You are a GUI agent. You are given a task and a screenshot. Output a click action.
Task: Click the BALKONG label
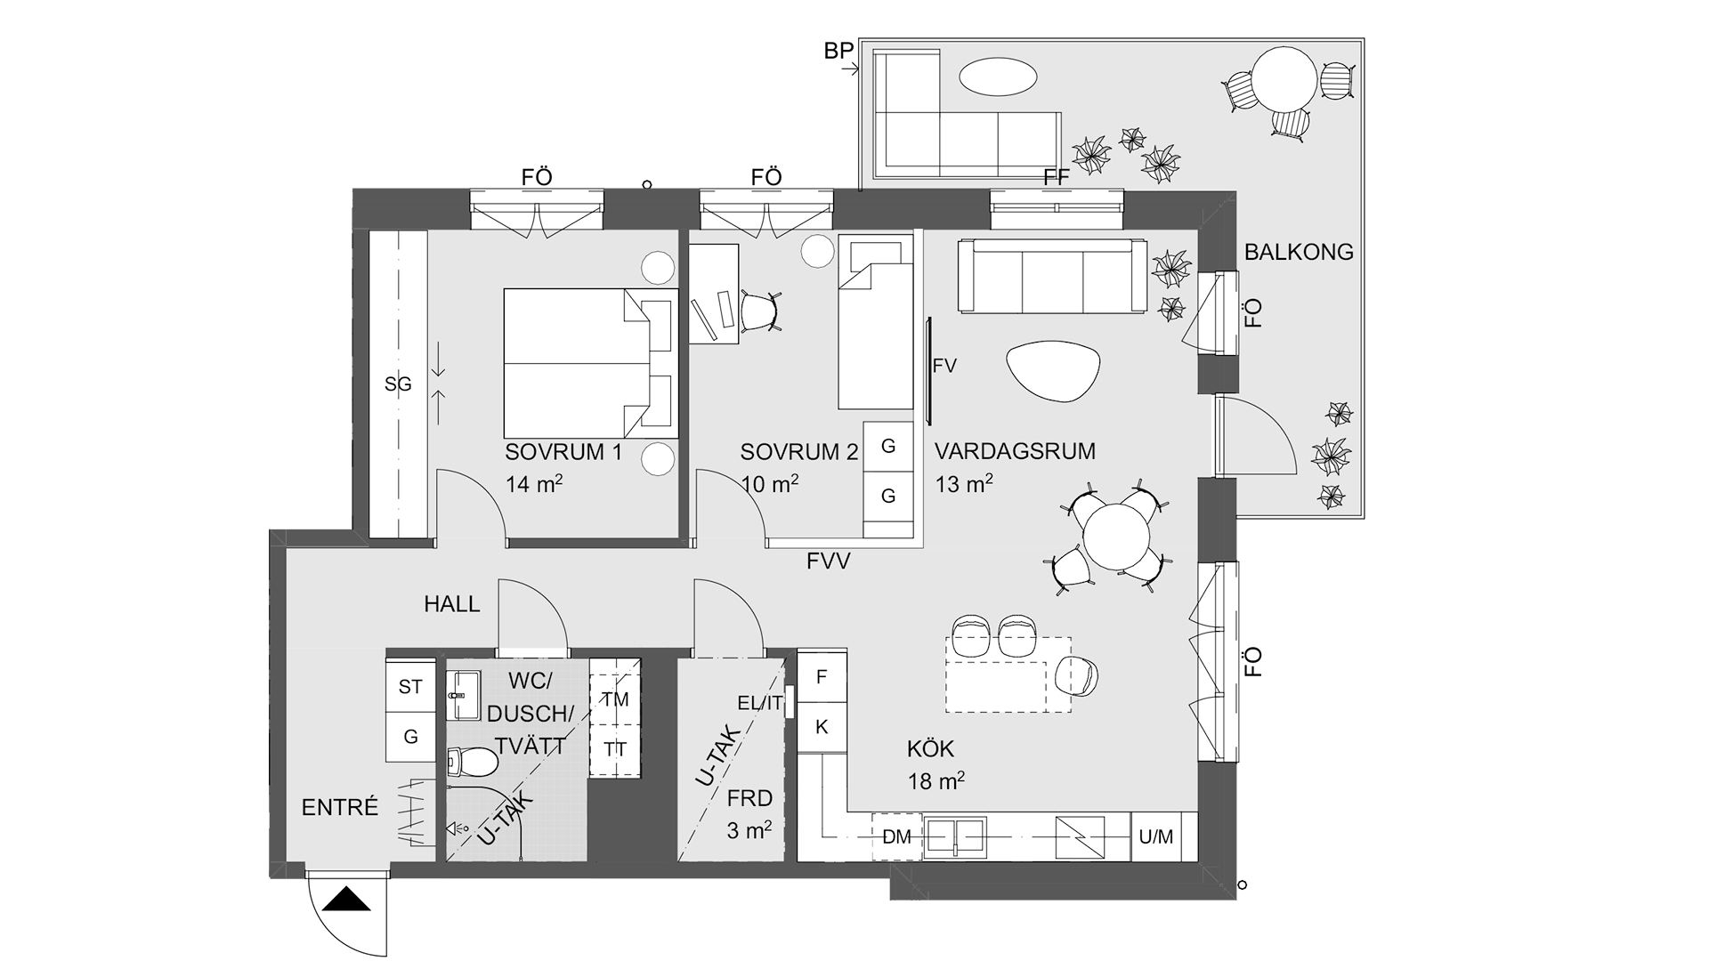[1299, 253]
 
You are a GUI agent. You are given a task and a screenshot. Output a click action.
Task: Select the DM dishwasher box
[896, 836]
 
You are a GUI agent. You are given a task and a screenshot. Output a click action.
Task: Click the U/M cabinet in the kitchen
[1156, 836]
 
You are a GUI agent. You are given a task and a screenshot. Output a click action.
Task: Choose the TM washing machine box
[615, 699]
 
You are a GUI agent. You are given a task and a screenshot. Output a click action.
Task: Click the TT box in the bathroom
[615, 748]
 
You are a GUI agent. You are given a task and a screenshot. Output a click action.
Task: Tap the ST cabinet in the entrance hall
[410, 687]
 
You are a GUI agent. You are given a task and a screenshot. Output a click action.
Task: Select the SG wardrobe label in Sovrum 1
[398, 384]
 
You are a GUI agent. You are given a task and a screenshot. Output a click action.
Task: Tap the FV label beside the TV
[944, 366]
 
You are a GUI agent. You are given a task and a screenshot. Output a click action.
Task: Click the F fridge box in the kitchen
[822, 677]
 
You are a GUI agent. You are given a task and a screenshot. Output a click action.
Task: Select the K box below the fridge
[822, 727]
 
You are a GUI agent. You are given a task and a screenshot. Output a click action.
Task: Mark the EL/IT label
[760, 703]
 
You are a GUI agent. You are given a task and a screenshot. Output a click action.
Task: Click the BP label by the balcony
[838, 52]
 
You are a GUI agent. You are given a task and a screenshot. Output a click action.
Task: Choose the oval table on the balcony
[998, 77]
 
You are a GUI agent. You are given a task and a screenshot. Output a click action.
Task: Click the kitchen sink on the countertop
[955, 836]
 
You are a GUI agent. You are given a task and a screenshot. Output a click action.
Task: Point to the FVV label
[829, 561]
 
